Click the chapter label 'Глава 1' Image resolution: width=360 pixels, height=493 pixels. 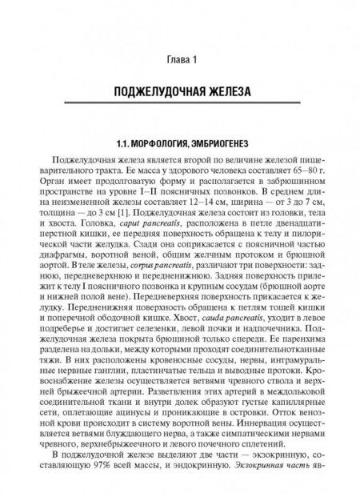pos(179,60)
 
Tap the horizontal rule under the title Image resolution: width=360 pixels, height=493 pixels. pos(179,105)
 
